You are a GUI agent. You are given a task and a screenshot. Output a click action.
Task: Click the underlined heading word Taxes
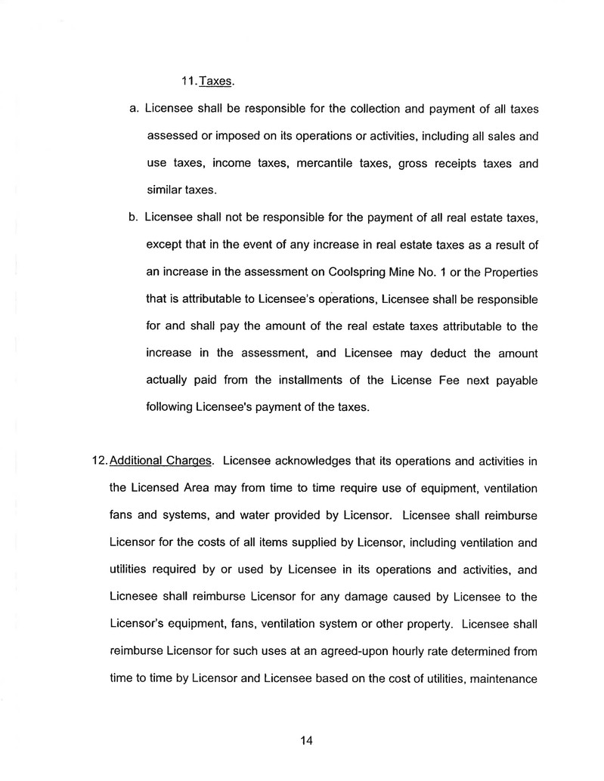pyautogui.click(x=215, y=82)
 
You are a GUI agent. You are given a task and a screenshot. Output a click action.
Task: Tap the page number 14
pyautogui.click(x=305, y=740)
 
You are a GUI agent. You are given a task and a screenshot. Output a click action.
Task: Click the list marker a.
pyautogui.click(x=133, y=109)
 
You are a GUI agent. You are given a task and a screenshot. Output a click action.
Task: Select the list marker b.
pyautogui.click(x=133, y=218)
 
